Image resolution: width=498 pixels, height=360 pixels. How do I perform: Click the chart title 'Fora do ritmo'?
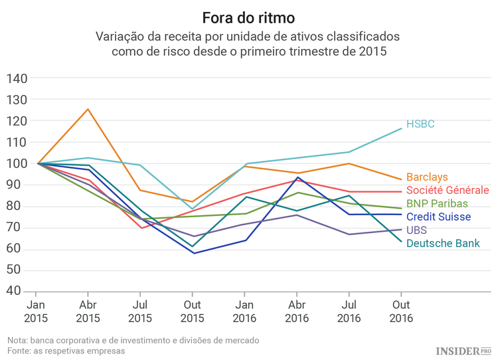click(x=248, y=15)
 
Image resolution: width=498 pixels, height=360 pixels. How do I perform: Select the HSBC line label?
click(x=420, y=124)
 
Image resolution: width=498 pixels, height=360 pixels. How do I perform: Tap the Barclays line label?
click(x=427, y=177)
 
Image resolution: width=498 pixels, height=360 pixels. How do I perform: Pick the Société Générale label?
click(x=448, y=191)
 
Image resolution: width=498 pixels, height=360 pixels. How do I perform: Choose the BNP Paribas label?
click(x=437, y=203)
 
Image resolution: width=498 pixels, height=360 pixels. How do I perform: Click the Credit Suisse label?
click(x=438, y=217)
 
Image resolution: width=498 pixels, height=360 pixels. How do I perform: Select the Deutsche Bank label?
click(x=443, y=244)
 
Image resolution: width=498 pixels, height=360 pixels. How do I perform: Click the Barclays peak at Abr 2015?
click(x=88, y=110)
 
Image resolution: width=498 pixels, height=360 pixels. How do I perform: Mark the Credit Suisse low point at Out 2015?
click(x=193, y=253)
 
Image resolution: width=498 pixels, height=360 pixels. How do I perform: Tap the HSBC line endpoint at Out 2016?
click(x=401, y=128)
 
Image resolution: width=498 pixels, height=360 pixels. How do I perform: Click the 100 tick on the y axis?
click(x=17, y=163)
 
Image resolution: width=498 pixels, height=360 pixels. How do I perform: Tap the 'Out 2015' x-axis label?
click(x=193, y=312)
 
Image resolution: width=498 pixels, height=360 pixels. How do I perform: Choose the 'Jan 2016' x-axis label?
click(x=244, y=312)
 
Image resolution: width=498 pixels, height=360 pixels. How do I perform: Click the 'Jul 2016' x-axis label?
click(x=349, y=312)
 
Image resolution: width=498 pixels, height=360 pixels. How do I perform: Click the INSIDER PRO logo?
click(x=463, y=349)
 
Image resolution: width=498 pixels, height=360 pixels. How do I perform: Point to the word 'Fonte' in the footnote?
click(x=20, y=351)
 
